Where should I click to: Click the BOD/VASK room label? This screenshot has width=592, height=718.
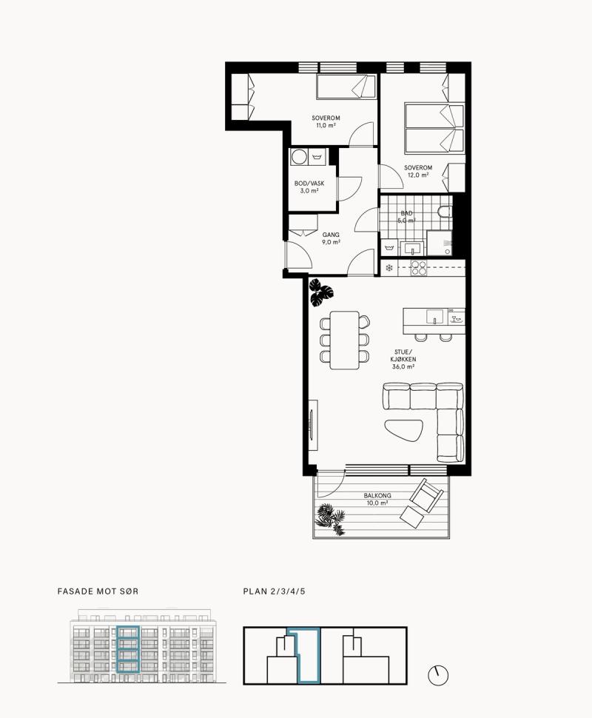309,187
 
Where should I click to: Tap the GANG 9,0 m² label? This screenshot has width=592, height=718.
331,238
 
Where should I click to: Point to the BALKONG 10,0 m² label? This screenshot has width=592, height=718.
377,499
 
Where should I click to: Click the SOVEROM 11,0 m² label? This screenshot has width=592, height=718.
326,121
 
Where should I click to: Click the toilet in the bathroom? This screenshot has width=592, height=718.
445,212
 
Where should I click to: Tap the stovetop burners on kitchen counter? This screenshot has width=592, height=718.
419,268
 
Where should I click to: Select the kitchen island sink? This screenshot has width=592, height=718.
434,316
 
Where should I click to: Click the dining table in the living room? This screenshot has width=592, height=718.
344,340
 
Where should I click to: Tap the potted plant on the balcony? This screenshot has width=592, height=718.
330,519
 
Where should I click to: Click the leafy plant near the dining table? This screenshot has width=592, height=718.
320,292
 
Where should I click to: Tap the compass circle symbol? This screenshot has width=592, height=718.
438,675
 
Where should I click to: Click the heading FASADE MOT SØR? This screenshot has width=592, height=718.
98,591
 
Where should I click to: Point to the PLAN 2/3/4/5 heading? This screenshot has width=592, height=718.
274,591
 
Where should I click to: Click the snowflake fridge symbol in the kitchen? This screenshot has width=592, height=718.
389,268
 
